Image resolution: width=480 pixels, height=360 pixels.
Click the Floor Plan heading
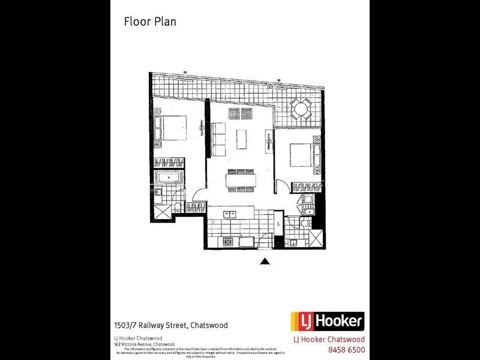[149, 22]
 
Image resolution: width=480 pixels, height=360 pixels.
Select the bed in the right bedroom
[303, 154]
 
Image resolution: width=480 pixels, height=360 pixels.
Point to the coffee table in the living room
[241, 139]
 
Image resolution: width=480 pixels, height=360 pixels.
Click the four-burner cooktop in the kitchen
[229, 241]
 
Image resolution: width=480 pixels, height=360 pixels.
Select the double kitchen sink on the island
[230, 214]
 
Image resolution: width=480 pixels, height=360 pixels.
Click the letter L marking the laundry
[278, 224]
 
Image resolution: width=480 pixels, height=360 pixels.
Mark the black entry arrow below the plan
[264, 261]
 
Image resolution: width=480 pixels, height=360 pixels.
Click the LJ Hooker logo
[327, 321]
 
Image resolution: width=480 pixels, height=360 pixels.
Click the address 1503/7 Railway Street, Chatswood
[171, 325]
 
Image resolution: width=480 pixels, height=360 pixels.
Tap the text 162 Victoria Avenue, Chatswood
[144, 344]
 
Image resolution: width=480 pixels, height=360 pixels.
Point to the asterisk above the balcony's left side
[185, 73]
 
